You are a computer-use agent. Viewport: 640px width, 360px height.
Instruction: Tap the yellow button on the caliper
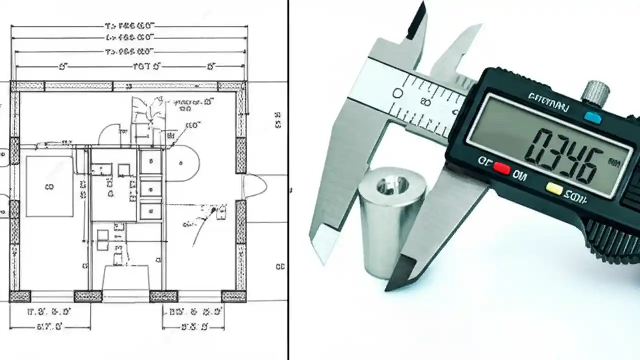click(x=553, y=188)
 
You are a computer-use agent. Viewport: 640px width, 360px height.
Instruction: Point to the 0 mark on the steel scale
click(x=398, y=93)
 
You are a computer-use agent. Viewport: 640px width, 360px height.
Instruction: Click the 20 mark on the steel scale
click(x=426, y=103)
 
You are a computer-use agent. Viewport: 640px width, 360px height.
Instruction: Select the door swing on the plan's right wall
click(x=254, y=186)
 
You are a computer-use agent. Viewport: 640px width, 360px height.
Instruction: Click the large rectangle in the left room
click(x=49, y=186)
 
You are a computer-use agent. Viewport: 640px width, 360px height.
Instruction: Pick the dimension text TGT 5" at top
click(x=145, y=66)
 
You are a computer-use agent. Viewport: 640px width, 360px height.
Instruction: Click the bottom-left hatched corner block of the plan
click(x=20, y=296)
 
